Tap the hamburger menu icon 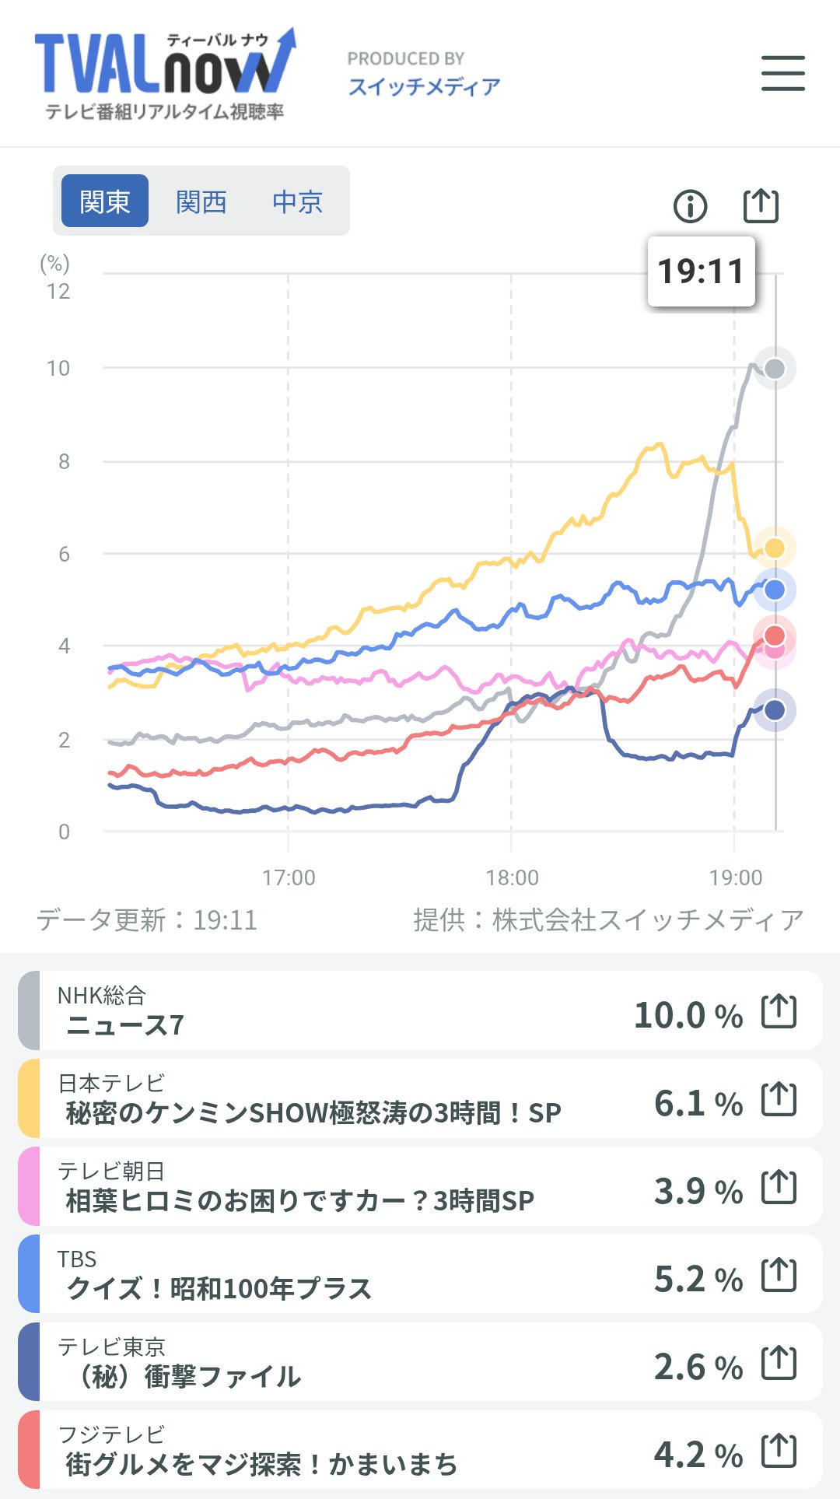782,73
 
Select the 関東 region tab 105,201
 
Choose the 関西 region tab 201,201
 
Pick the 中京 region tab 297,201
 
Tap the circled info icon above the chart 690,206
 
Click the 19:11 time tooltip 701,271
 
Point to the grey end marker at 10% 775,369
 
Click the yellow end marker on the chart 775,548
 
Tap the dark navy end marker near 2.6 775,709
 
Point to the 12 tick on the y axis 58,292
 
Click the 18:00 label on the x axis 512,878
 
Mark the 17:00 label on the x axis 289,878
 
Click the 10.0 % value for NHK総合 688,1015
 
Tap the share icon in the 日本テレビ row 779,1098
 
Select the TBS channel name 77,1259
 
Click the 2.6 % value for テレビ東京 698,1367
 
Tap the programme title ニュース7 125,1025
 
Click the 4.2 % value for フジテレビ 698,1455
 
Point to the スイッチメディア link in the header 424,86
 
